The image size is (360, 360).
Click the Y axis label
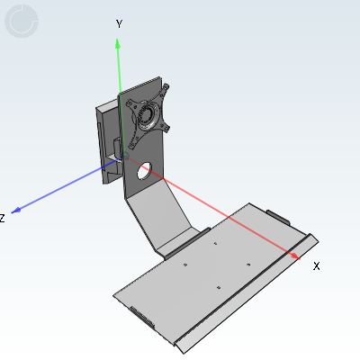coord(119,23)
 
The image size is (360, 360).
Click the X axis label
coord(316,266)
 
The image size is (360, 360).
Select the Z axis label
coord(2,218)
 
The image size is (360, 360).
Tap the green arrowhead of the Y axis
coord(118,43)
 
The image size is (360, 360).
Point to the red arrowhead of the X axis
coord(295,256)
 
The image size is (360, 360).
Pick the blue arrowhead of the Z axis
coord(16,211)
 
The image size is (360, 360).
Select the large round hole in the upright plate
coord(145,171)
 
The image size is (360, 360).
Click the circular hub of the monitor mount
coord(148,115)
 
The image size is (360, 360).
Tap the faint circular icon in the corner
coord(22,22)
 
